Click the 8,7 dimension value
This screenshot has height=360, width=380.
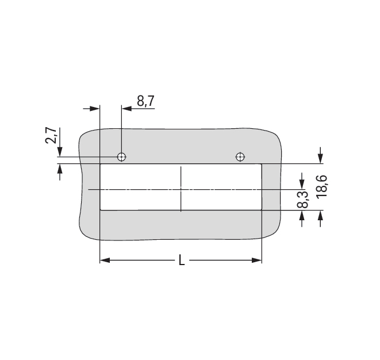tap(145, 101)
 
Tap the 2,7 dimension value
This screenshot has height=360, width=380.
tap(51, 136)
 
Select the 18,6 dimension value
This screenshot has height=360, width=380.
tap(322, 187)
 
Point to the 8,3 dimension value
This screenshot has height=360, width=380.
tap(303, 200)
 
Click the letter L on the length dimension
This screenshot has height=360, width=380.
tap(182, 260)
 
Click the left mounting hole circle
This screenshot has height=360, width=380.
tap(122, 157)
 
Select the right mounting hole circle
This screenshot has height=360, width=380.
tap(240, 157)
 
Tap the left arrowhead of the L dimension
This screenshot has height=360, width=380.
tap(105, 261)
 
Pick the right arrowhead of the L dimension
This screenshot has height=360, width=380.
tap(257, 261)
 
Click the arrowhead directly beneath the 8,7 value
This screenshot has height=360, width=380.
tap(126, 108)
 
